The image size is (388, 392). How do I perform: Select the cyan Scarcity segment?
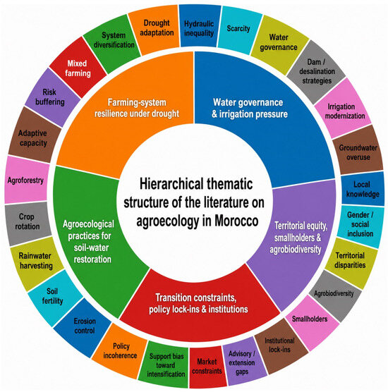coord(239,30)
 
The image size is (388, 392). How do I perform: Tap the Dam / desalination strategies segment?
coord(317,72)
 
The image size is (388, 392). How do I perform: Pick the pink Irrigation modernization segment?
coord(344,109)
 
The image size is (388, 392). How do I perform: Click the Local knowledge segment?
coord(363,189)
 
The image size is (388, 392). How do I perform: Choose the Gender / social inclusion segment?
coord(360,226)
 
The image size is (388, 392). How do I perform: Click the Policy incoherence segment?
coord(120,350)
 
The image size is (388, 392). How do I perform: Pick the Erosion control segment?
coord(83,326)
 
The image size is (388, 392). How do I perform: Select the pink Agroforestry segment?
coord(27,180)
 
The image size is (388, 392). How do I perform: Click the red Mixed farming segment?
coord(78,68)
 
